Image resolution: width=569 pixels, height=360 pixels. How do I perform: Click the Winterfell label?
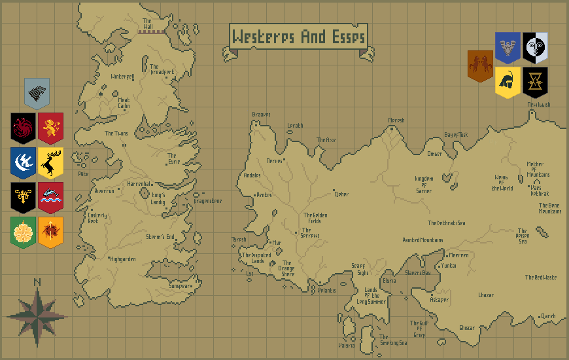[x=123, y=77]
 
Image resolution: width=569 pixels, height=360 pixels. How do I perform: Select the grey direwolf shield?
[x=37, y=94]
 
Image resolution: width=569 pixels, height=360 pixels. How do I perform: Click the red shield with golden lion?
[x=50, y=128]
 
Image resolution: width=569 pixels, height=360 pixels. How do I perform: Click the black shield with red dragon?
[x=23, y=128]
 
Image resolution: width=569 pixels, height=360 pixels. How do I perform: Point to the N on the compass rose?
[x=37, y=282]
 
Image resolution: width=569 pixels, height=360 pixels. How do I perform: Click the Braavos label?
[x=261, y=115]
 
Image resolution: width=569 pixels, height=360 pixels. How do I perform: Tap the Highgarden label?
[x=123, y=259]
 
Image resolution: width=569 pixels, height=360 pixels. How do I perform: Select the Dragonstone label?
[x=208, y=201]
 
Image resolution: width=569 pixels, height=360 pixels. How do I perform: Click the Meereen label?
[x=458, y=255]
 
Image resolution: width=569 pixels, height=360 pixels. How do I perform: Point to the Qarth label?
[x=547, y=315]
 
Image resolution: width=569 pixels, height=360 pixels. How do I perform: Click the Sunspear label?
[x=180, y=286]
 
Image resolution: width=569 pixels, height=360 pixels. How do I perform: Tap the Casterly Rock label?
[x=97, y=218]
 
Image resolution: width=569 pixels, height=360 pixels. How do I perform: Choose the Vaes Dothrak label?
[x=540, y=190]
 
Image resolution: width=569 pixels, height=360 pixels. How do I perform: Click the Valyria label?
[x=347, y=345]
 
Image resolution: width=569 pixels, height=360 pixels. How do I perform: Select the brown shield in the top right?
[x=480, y=66]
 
